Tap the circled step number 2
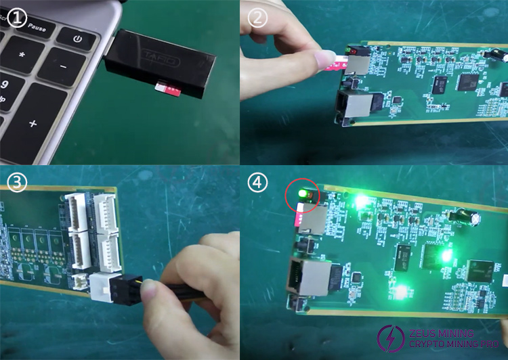click(x=256, y=18)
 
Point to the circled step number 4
click(x=256, y=182)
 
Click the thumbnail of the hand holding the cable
click(x=190, y=284)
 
